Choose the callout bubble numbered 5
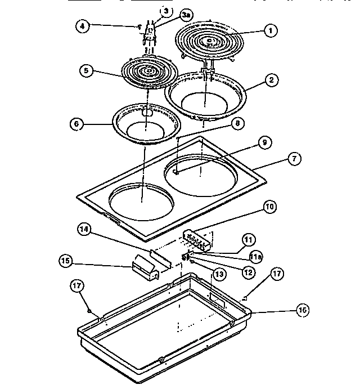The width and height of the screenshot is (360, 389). click(x=85, y=71)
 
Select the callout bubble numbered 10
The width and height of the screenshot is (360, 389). click(x=269, y=207)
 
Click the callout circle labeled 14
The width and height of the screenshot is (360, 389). click(x=84, y=229)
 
